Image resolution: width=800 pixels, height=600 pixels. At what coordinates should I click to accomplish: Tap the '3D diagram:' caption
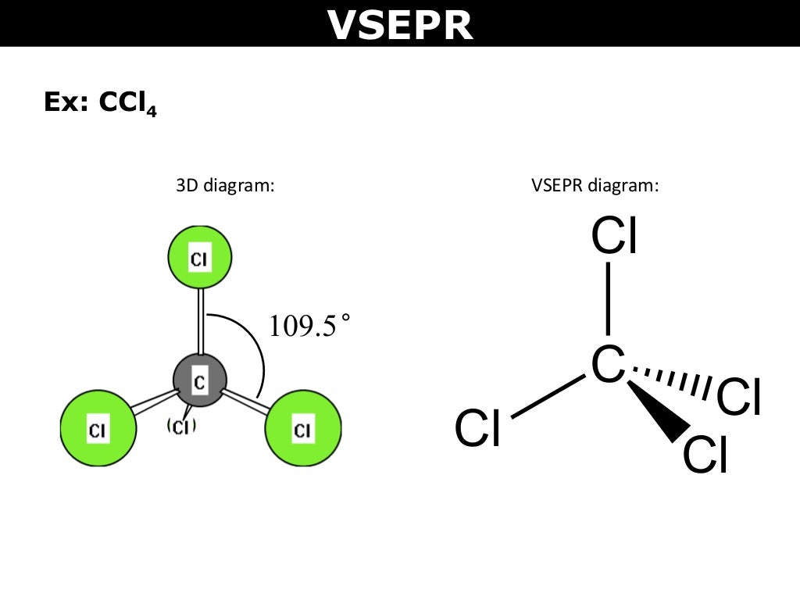click(224, 187)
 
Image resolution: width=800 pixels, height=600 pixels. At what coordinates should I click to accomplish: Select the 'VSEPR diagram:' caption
click(595, 187)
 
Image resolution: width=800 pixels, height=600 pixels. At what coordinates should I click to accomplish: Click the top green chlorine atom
click(200, 257)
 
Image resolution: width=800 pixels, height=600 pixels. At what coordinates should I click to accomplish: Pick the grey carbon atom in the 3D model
click(199, 380)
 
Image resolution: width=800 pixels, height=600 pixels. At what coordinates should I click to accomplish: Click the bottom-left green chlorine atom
click(98, 429)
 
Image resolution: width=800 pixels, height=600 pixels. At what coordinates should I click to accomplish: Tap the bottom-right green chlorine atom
click(302, 429)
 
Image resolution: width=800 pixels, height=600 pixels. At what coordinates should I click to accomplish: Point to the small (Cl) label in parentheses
click(180, 427)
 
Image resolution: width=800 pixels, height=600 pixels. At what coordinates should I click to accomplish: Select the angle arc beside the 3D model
click(258, 348)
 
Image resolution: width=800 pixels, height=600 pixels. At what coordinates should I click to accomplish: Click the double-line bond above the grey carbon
click(201, 320)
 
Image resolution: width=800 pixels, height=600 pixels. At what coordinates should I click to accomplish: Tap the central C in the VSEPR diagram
click(608, 364)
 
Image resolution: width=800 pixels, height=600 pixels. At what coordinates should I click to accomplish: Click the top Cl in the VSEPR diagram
click(615, 236)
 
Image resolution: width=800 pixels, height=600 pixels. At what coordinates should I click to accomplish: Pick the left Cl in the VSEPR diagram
click(478, 430)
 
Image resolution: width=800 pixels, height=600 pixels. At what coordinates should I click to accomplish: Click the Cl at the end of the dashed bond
click(738, 398)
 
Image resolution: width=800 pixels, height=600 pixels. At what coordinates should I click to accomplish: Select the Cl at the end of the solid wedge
click(705, 455)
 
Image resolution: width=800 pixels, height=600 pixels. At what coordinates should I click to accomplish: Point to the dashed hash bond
click(672, 380)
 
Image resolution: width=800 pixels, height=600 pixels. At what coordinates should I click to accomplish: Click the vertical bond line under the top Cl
click(609, 298)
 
